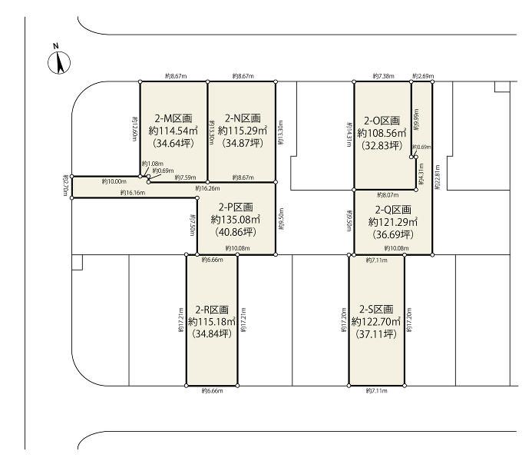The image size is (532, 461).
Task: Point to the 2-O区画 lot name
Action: (x=382, y=121)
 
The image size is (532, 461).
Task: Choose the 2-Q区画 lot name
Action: (x=393, y=209)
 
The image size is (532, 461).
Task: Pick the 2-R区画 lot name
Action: (x=213, y=310)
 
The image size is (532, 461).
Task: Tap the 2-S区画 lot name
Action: (x=376, y=309)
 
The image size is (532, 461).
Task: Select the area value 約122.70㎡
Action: (x=376, y=322)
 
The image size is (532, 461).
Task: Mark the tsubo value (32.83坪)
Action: (x=382, y=145)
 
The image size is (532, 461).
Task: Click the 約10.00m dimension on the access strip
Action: (x=114, y=181)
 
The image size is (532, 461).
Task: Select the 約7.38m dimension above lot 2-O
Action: (x=382, y=76)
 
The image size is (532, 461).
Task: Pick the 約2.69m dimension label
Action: (x=423, y=76)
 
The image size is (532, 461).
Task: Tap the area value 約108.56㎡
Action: (x=382, y=133)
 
